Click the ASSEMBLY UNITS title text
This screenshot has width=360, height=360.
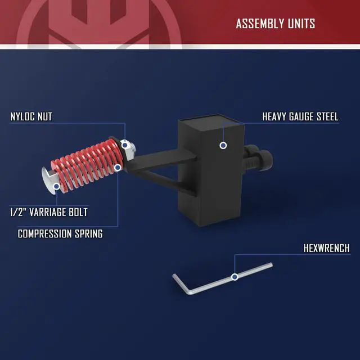275,24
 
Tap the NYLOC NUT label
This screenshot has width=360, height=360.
31,116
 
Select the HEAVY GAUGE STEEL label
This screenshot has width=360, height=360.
300,116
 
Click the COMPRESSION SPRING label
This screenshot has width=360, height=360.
60,234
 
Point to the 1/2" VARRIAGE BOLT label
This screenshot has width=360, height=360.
49,212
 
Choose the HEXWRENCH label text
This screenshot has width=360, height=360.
326,248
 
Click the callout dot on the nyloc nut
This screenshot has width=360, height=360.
125,145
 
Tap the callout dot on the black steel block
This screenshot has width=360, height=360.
223,145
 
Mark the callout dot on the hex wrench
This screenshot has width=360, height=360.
235,277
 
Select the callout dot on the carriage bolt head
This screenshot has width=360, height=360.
56,186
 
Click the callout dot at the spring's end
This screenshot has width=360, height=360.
118,168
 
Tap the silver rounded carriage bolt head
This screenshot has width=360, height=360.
48,180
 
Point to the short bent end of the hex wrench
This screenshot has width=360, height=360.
181,284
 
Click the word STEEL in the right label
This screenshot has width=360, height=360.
327,116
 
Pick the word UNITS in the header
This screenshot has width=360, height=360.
301,24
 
